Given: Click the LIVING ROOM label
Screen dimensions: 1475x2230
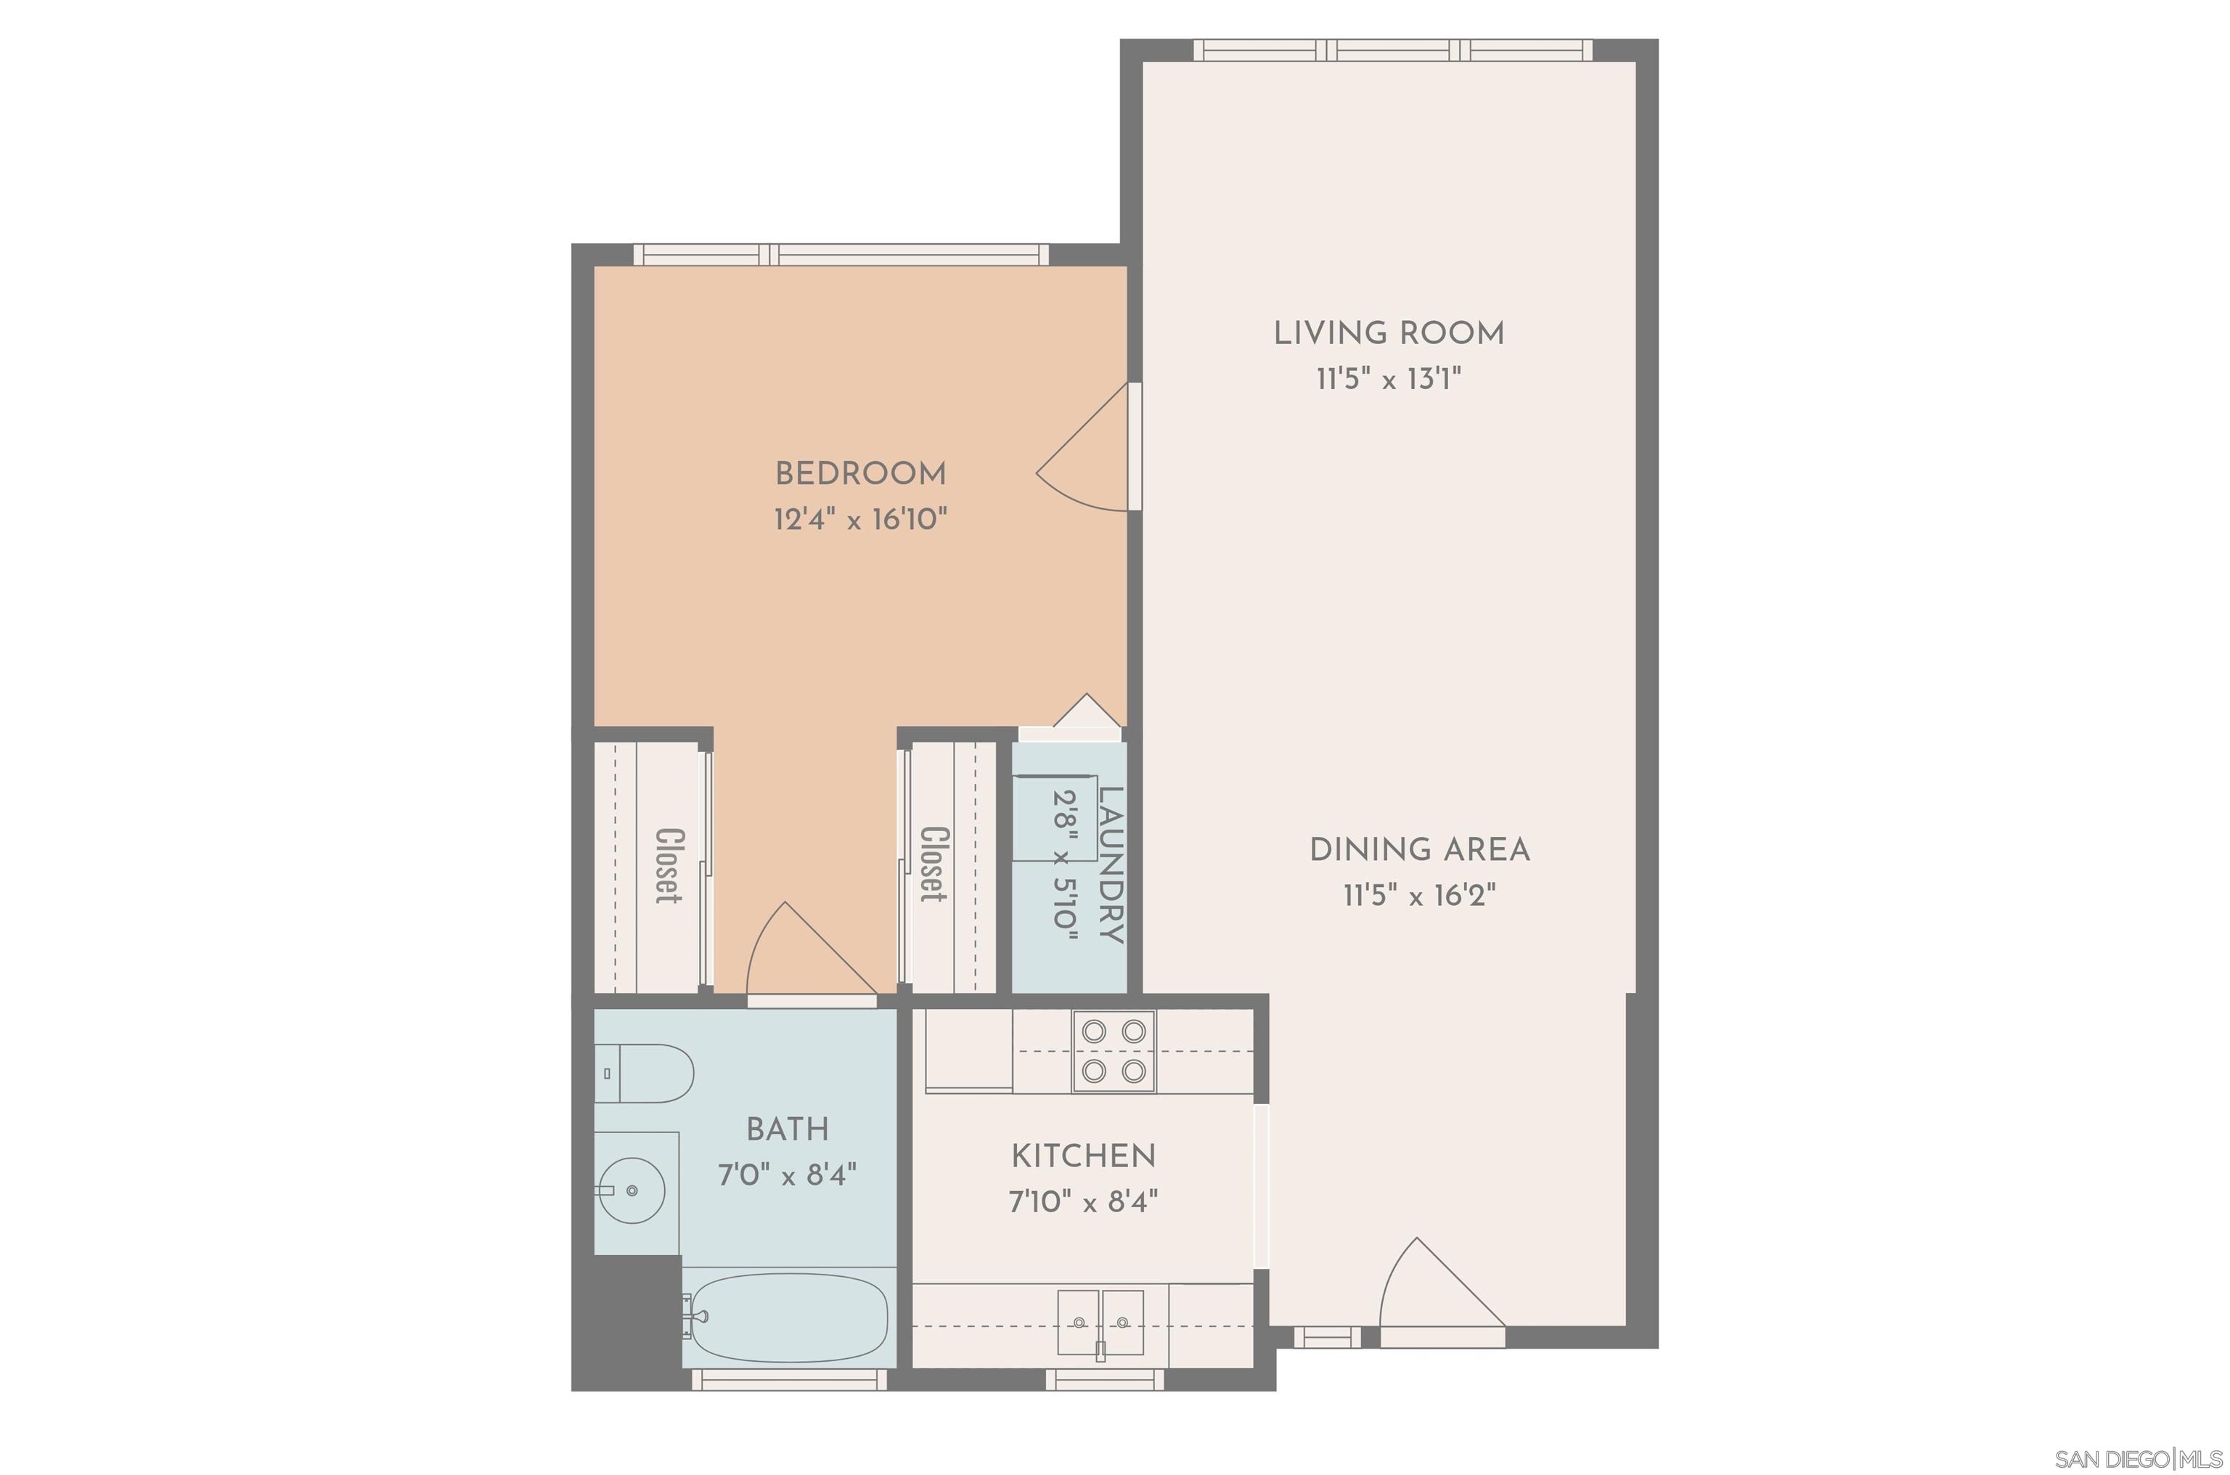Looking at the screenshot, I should pos(1388,333).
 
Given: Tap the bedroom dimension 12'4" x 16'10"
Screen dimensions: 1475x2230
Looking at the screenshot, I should pos(859,519).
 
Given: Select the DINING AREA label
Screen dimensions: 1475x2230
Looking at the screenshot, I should pos(1419,849).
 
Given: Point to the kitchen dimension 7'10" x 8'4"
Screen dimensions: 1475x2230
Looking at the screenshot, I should pos(1082,1201).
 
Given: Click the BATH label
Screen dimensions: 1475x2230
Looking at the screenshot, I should pos(787,1129).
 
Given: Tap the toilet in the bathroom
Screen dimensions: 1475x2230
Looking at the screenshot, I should pos(645,1074).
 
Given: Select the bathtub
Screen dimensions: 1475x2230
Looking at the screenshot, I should pos(786,1317).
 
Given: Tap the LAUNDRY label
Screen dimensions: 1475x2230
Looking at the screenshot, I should pos(1111,865).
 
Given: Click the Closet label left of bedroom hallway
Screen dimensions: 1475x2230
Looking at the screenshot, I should pos(669,865).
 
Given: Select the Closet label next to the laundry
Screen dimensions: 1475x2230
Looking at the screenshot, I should pos(933,865).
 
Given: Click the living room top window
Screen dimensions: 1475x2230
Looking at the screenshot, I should pos(1393,50).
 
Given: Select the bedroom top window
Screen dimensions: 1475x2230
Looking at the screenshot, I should pos(840,254).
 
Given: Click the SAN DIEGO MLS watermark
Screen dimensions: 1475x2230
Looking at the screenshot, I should pos(2141,1460).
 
